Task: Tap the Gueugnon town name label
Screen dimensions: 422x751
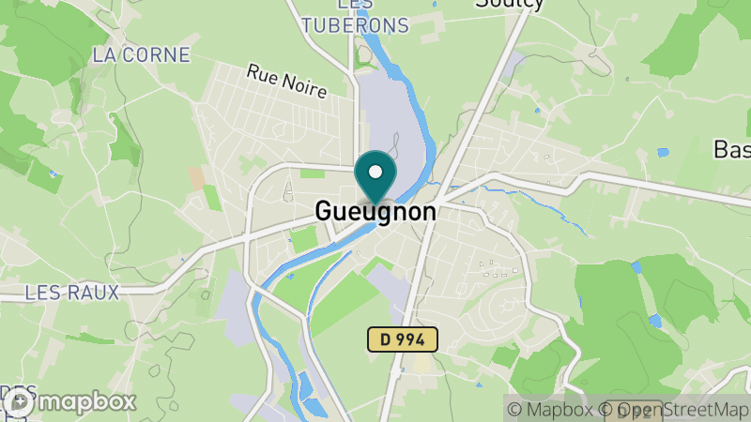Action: click(x=375, y=212)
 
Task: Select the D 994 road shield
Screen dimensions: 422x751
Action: click(x=402, y=339)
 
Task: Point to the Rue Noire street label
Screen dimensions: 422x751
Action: click(x=286, y=82)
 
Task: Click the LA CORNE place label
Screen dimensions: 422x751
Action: click(x=141, y=54)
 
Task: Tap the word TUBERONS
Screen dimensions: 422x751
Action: click(x=356, y=25)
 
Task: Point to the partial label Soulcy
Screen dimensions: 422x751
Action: click(x=510, y=4)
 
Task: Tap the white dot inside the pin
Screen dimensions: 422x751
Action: click(x=376, y=172)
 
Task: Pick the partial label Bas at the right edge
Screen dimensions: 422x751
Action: click(x=732, y=149)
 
